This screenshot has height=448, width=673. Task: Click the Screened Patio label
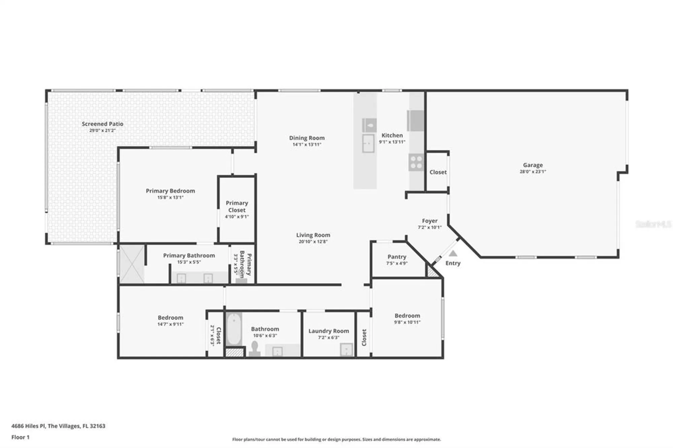102,124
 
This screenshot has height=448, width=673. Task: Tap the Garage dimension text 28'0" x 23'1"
533,172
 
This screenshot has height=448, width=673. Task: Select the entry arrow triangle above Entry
453,254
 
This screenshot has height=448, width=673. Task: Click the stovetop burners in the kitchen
416,162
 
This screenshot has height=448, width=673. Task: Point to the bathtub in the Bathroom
234,329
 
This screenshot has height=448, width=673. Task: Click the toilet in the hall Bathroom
255,349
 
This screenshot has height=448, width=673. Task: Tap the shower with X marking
132,264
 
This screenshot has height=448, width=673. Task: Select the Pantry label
397,257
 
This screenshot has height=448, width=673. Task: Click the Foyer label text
430,221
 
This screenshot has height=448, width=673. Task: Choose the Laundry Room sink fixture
346,349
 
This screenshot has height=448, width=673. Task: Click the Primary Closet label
237,206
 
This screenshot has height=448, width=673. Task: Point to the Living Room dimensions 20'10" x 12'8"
313,241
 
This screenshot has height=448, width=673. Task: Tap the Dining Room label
307,138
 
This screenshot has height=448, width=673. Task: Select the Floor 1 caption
21,437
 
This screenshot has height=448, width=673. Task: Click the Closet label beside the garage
438,172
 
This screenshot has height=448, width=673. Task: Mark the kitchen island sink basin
368,143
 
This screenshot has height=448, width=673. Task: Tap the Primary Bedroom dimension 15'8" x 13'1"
170,197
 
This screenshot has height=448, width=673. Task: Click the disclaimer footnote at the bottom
336,439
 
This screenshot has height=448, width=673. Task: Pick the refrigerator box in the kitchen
416,120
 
